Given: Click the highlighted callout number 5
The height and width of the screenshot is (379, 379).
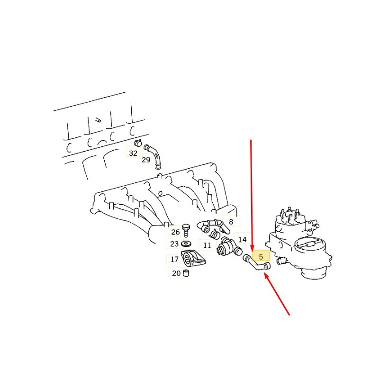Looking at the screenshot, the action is pos(261,256).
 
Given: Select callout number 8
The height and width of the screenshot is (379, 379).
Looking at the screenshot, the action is pos(231,222).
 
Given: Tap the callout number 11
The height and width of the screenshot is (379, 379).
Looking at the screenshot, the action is pos(207,245).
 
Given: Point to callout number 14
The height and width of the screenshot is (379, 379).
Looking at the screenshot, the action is pos(242,239).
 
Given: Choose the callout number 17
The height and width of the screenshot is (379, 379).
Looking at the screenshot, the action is pos(174,259).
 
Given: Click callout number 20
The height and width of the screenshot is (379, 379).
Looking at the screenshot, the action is pos(176,273).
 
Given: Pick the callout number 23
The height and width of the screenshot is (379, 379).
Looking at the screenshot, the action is pos(174,244).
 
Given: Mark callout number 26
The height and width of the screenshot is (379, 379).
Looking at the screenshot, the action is pos(175,232).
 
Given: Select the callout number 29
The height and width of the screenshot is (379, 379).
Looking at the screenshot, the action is pos(146,160).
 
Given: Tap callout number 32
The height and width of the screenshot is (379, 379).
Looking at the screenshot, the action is pos(133,153).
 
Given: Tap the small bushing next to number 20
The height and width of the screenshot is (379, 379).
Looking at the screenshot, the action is pos(186,273).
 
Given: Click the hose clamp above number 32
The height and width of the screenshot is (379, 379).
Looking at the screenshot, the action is pos(138,143).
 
